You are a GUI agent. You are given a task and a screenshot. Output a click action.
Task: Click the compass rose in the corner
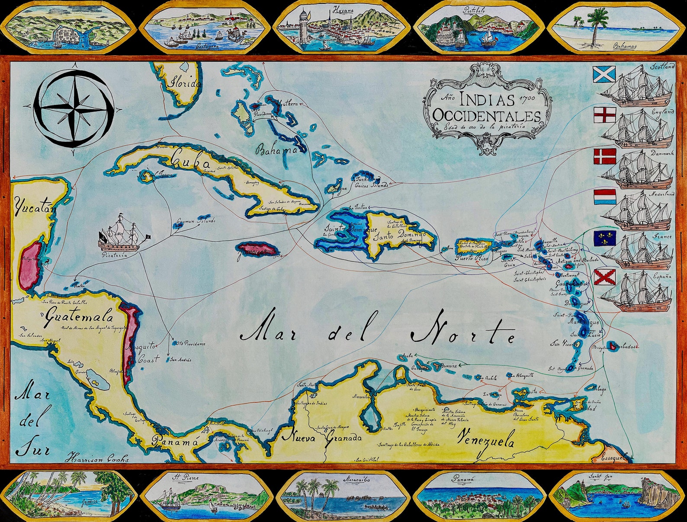pos(74,108)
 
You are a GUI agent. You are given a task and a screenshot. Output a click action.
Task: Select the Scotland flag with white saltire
pos(604,74)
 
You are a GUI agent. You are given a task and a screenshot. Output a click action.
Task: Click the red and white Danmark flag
pos(604,156)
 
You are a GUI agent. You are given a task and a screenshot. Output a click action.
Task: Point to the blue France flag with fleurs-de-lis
pos(604,238)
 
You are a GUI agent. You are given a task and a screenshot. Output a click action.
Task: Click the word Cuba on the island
pos(190,161)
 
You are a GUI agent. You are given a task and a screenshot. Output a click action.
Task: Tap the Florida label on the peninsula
pos(185,82)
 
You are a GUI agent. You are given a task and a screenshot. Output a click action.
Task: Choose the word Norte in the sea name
pos(463,333)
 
